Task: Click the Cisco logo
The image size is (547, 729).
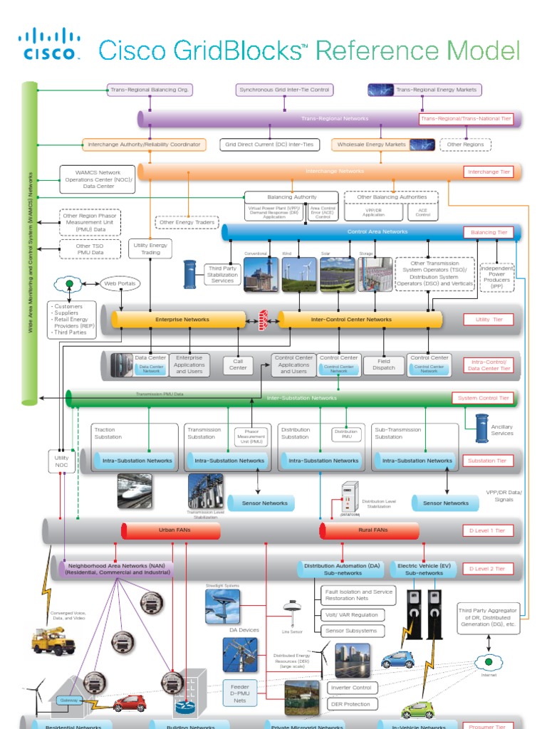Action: (x=48, y=44)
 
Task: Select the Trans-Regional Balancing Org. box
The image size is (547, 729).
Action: (x=150, y=90)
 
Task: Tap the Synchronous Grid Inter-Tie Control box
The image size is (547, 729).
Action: (x=284, y=90)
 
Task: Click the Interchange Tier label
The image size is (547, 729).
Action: (x=489, y=172)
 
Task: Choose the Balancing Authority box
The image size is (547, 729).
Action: (x=292, y=196)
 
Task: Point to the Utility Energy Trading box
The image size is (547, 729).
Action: (x=150, y=248)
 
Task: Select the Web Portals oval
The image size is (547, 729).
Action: (x=120, y=283)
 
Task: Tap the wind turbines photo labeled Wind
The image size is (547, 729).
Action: (x=298, y=274)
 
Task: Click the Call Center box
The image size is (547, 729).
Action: (x=238, y=364)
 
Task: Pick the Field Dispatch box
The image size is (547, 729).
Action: (x=383, y=364)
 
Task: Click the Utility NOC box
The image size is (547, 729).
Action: (x=61, y=461)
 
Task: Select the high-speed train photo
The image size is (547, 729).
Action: (x=135, y=491)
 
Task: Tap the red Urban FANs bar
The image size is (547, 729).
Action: (x=171, y=530)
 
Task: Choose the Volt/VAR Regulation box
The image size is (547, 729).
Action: (x=351, y=614)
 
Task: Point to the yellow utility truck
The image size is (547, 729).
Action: (x=53, y=641)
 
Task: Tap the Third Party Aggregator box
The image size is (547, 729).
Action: (x=489, y=618)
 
